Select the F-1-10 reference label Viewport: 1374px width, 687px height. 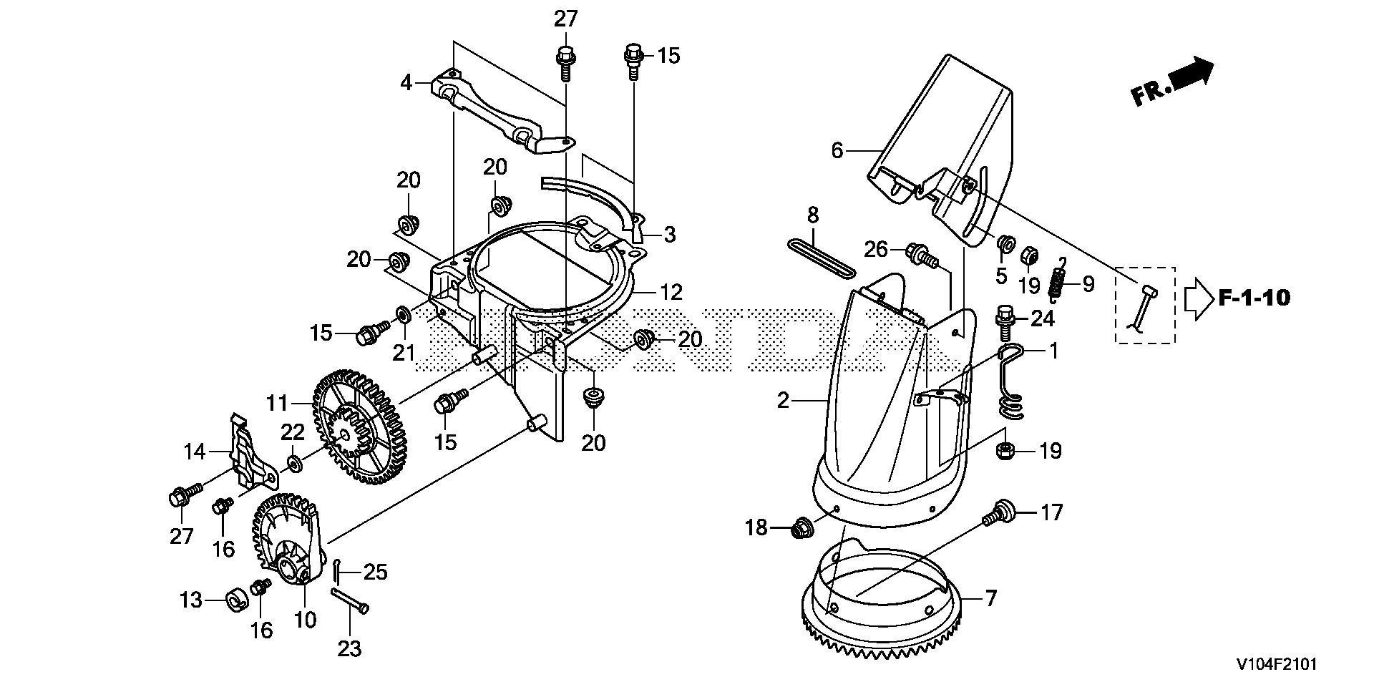click(1254, 298)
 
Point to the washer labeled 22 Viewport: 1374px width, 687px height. click(294, 463)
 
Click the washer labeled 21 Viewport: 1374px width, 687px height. click(403, 313)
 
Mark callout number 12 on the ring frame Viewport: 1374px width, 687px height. click(672, 292)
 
